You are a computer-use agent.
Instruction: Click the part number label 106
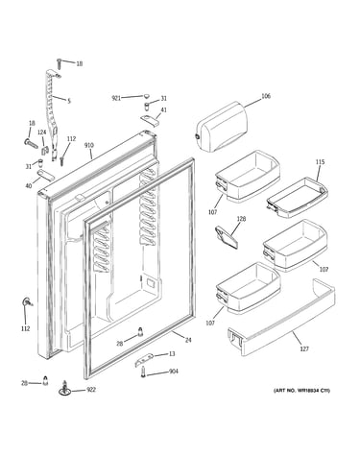266,96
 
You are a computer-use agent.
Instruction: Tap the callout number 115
320,162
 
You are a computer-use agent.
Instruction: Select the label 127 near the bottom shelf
304,348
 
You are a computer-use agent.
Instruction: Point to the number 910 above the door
89,146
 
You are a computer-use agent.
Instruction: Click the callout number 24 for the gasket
188,340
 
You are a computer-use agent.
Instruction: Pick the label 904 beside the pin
174,372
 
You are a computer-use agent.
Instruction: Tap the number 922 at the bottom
91,390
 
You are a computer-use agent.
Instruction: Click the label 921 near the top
116,98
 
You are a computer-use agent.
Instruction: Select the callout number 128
241,219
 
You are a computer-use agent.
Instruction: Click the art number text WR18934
308,391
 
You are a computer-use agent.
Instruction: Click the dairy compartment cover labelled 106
222,127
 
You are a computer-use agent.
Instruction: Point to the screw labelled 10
60,63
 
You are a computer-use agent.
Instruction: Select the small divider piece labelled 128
227,236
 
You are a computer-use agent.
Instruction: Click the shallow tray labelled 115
298,198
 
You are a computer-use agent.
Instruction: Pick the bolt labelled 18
31,143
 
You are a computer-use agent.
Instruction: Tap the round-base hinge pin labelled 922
65,389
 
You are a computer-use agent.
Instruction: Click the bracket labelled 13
144,360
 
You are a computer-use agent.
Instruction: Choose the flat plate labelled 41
150,120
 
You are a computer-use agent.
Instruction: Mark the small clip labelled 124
44,150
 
